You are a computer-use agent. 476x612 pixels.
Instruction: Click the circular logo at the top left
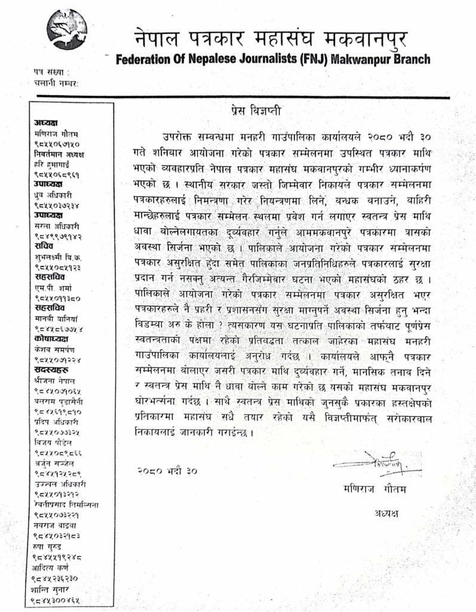point(66,29)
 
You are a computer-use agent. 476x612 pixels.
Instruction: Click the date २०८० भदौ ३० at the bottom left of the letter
point(165,470)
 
